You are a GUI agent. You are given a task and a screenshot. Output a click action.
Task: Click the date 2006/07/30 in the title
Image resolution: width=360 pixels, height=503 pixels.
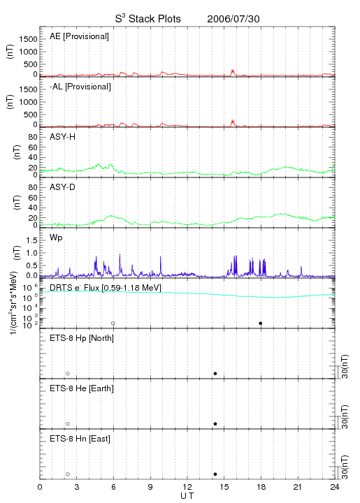point(233,19)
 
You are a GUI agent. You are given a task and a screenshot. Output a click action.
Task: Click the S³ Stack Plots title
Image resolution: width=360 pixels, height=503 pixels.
point(148,19)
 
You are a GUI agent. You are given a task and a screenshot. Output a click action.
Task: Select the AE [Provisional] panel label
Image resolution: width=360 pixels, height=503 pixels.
point(79,36)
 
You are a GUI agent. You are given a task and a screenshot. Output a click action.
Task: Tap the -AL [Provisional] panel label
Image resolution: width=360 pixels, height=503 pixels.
point(80,87)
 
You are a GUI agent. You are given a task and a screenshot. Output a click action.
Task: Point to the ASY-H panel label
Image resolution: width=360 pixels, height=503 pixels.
point(63,137)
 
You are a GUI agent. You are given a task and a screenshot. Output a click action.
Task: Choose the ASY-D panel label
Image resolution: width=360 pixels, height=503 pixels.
point(63,187)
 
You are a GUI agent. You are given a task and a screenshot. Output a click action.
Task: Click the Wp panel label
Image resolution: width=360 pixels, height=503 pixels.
point(56,238)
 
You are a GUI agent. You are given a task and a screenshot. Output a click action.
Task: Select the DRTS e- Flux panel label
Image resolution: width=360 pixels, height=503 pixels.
point(106,288)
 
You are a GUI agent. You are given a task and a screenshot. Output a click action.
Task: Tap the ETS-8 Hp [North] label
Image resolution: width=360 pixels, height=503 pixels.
point(82,338)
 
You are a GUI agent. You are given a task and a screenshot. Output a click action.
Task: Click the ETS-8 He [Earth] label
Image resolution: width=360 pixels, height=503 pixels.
point(82,388)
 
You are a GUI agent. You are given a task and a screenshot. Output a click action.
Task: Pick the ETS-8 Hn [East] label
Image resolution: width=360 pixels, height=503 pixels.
point(80,439)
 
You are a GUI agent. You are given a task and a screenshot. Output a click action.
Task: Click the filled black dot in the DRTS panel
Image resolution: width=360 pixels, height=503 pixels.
point(261,323)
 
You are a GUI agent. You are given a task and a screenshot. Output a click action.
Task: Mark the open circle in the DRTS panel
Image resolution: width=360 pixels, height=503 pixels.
point(113,323)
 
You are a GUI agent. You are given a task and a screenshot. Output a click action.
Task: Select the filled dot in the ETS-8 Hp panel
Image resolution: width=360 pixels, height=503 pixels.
point(215,373)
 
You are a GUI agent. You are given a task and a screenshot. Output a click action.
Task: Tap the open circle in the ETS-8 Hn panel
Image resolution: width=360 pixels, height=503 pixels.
point(68,474)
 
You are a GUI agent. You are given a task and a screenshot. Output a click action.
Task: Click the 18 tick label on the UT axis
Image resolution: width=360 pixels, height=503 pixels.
point(261,487)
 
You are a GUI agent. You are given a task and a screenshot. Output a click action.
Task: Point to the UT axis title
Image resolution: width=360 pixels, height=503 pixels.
point(187,495)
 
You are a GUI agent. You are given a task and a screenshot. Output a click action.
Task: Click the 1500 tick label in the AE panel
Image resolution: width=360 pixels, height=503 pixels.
point(28,39)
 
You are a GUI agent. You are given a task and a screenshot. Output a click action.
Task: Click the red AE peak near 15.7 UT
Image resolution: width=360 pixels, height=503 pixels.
point(233,71)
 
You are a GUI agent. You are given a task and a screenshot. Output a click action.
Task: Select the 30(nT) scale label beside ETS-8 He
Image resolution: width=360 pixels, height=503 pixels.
point(345,416)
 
